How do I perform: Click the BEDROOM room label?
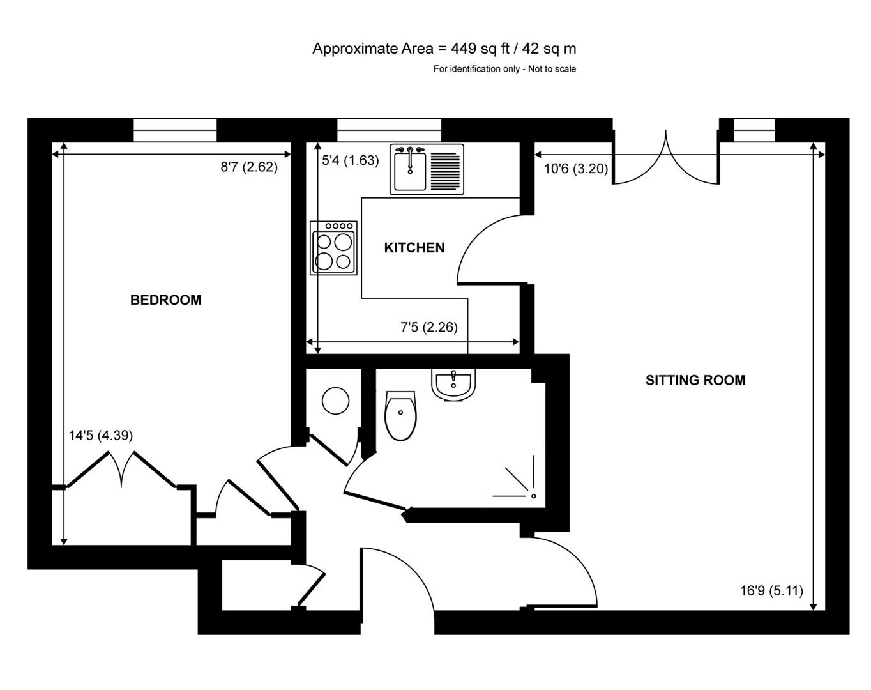[166, 300]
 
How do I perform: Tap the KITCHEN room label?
[414, 248]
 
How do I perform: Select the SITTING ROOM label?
[695, 380]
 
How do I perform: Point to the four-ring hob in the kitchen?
[333, 248]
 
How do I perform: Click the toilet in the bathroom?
[400, 415]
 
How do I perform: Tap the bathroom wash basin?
[453, 384]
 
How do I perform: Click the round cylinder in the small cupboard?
[335, 401]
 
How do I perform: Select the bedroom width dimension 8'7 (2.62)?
[249, 167]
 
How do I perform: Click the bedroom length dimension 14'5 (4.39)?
[101, 436]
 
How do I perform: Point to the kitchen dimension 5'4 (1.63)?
[351, 160]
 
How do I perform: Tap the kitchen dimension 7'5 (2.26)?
[429, 327]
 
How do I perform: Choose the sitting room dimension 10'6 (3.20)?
[575, 169]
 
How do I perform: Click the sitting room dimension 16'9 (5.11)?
[771, 591]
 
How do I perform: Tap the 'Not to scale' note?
[552, 69]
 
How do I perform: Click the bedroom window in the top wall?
[175, 130]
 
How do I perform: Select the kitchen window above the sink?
[389, 130]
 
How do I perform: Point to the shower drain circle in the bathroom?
[534, 496]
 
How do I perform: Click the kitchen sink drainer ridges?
[445, 171]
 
